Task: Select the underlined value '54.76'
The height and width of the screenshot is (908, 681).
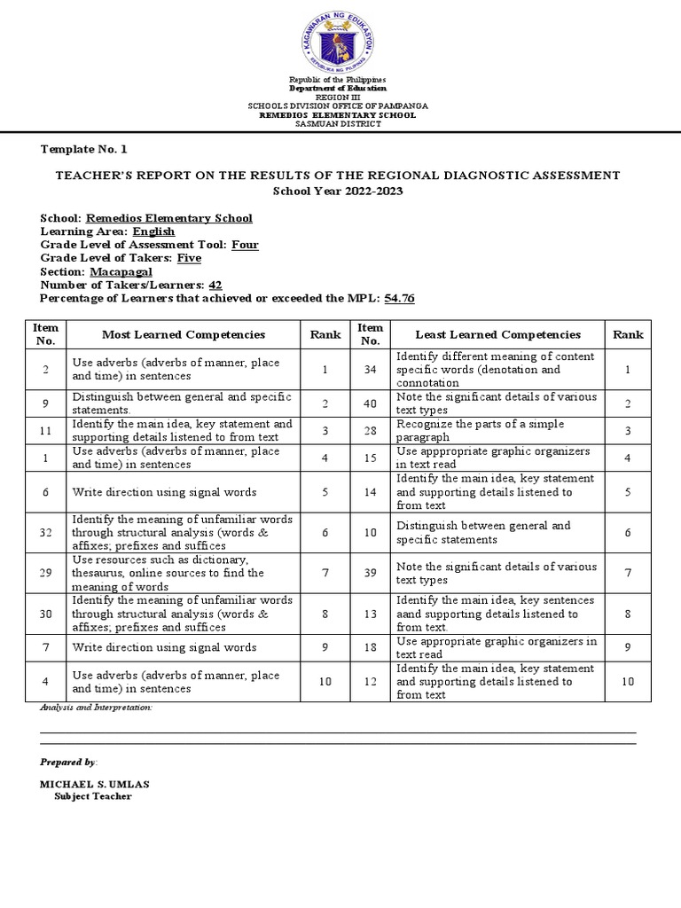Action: [399, 298]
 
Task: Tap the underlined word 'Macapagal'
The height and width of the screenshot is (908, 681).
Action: [119, 271]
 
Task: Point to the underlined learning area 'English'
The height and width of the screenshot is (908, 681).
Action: [153, 231]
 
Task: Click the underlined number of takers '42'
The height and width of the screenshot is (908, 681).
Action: [215, 285]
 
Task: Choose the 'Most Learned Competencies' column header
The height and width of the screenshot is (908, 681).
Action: [184, 334]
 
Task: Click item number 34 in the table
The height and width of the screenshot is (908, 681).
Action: [370, 369]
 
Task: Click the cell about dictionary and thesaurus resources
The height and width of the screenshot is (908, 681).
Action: [183, 573]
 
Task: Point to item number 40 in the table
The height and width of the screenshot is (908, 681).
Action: [370, 403]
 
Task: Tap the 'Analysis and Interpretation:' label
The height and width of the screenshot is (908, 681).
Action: [97, 708]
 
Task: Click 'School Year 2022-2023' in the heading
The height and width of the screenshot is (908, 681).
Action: [330, 192]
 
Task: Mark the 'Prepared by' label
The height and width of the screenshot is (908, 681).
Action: [68, 762]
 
